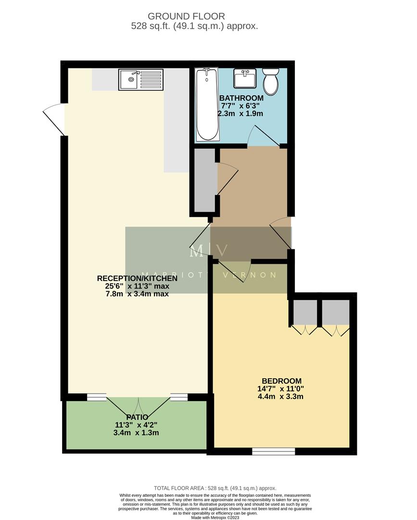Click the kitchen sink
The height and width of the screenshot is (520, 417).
pyautogui.click(x=129, y=80)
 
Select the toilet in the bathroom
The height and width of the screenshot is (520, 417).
pyautogui.click(x=271, y=81)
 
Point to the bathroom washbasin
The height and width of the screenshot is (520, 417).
pyautogui.click(x=245, y=78)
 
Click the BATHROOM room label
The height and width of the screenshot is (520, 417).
pyautogui.click(x=241, y=98)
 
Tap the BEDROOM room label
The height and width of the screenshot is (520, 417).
pyautogui.click(x=281, y=381)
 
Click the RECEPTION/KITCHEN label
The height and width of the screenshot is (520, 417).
pyautogui.click(x=137, y=278)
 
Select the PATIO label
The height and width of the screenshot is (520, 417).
pyautogui.click(x=137, y=417)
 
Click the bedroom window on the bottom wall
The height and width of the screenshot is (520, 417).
pyautogui.click(x=273, y=451)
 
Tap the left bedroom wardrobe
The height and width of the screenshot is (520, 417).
pyautogui.click(x=305, y=312)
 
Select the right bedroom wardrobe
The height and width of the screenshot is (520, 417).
pyautogui.click(x=335, y=312)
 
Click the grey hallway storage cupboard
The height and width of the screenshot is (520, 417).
pyautogui.click(x=204, y=179)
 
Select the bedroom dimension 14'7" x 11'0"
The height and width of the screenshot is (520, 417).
pyautogui.click(x=281, y=389)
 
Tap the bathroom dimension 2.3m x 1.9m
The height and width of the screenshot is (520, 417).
pyautogui.click(x=241, y=114)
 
